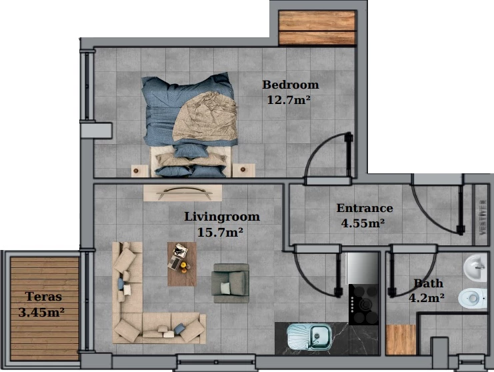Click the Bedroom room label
coord(291,85)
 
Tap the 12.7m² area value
coord(289,100)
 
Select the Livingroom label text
coord(222,217)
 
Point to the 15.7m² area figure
coord(220,233)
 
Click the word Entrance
coord(365,208)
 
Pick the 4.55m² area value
coord(363,223)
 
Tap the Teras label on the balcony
coord(43,297)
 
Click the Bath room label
coord(428,283)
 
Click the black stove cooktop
coord(363,305)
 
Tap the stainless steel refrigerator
coord(362,268)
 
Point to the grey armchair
coord(231,283)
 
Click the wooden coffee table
coord(182,264)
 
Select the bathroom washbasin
coord(475,269)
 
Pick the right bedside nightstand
coord(243,170)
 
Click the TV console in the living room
coord(183,193)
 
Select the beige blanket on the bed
coord(205,117)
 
